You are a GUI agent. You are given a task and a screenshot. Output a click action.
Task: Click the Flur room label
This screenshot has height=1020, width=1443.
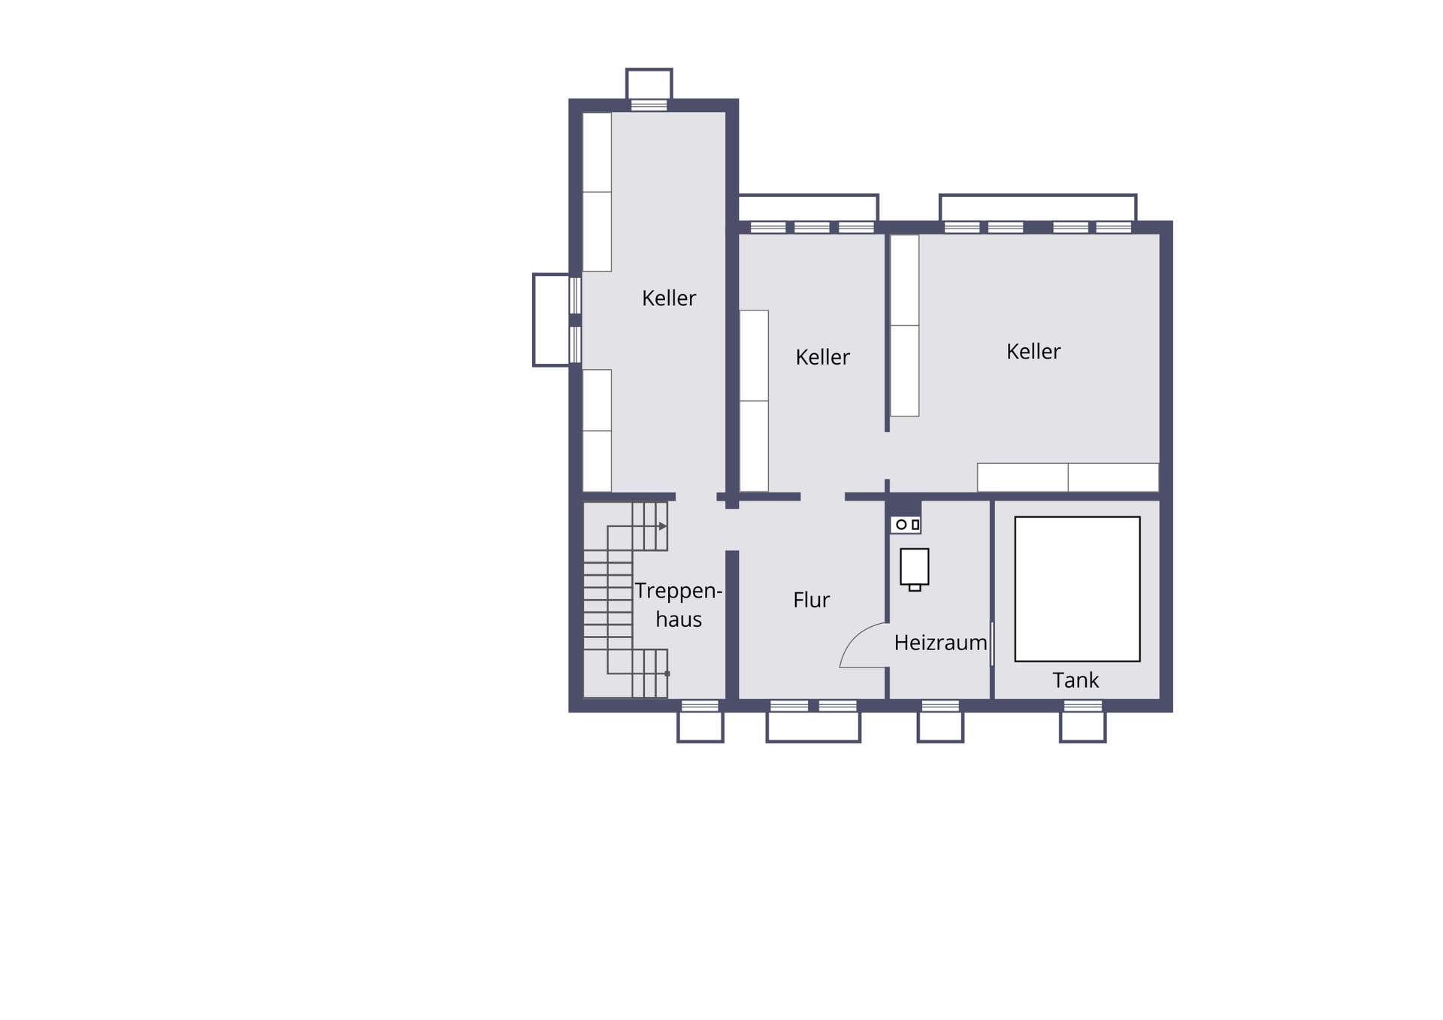click(x=811, y=600)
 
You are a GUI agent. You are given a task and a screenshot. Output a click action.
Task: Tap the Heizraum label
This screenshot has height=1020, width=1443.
click(x=940, y=643)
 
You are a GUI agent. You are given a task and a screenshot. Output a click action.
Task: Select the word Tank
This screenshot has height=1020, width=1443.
click(x=1075, y=680)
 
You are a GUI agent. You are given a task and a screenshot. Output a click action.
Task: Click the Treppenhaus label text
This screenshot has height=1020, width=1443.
click(x=679, y=604)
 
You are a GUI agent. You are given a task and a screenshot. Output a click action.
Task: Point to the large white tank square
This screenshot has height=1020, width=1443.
click(x=1077, y=589)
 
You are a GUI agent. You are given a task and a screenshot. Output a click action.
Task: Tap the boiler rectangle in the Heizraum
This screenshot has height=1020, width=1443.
click(x=915, y=568)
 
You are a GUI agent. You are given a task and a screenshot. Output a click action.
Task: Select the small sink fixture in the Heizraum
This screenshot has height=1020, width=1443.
click(x=906, y=525)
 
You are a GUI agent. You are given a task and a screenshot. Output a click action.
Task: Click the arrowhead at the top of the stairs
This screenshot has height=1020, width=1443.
click(x=663, y=526)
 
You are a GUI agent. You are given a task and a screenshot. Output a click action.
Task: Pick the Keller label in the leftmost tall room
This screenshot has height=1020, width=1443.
click(x=669, y=298)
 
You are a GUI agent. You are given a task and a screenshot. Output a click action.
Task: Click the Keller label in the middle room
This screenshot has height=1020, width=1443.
click(x=822, y=357)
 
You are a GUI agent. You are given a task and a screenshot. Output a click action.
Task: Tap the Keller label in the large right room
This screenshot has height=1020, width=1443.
click(x=1033, y=351)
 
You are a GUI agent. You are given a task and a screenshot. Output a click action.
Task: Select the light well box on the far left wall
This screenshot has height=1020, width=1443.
click(x=552, y=319)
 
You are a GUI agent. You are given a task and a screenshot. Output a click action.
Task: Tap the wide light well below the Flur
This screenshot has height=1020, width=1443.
click(x=813, y=727)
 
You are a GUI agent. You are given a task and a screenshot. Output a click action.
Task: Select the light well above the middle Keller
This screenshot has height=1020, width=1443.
click(x=809, y=207)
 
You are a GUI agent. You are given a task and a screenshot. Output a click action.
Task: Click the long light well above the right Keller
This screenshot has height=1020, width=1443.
click(x=1038, y=207)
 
